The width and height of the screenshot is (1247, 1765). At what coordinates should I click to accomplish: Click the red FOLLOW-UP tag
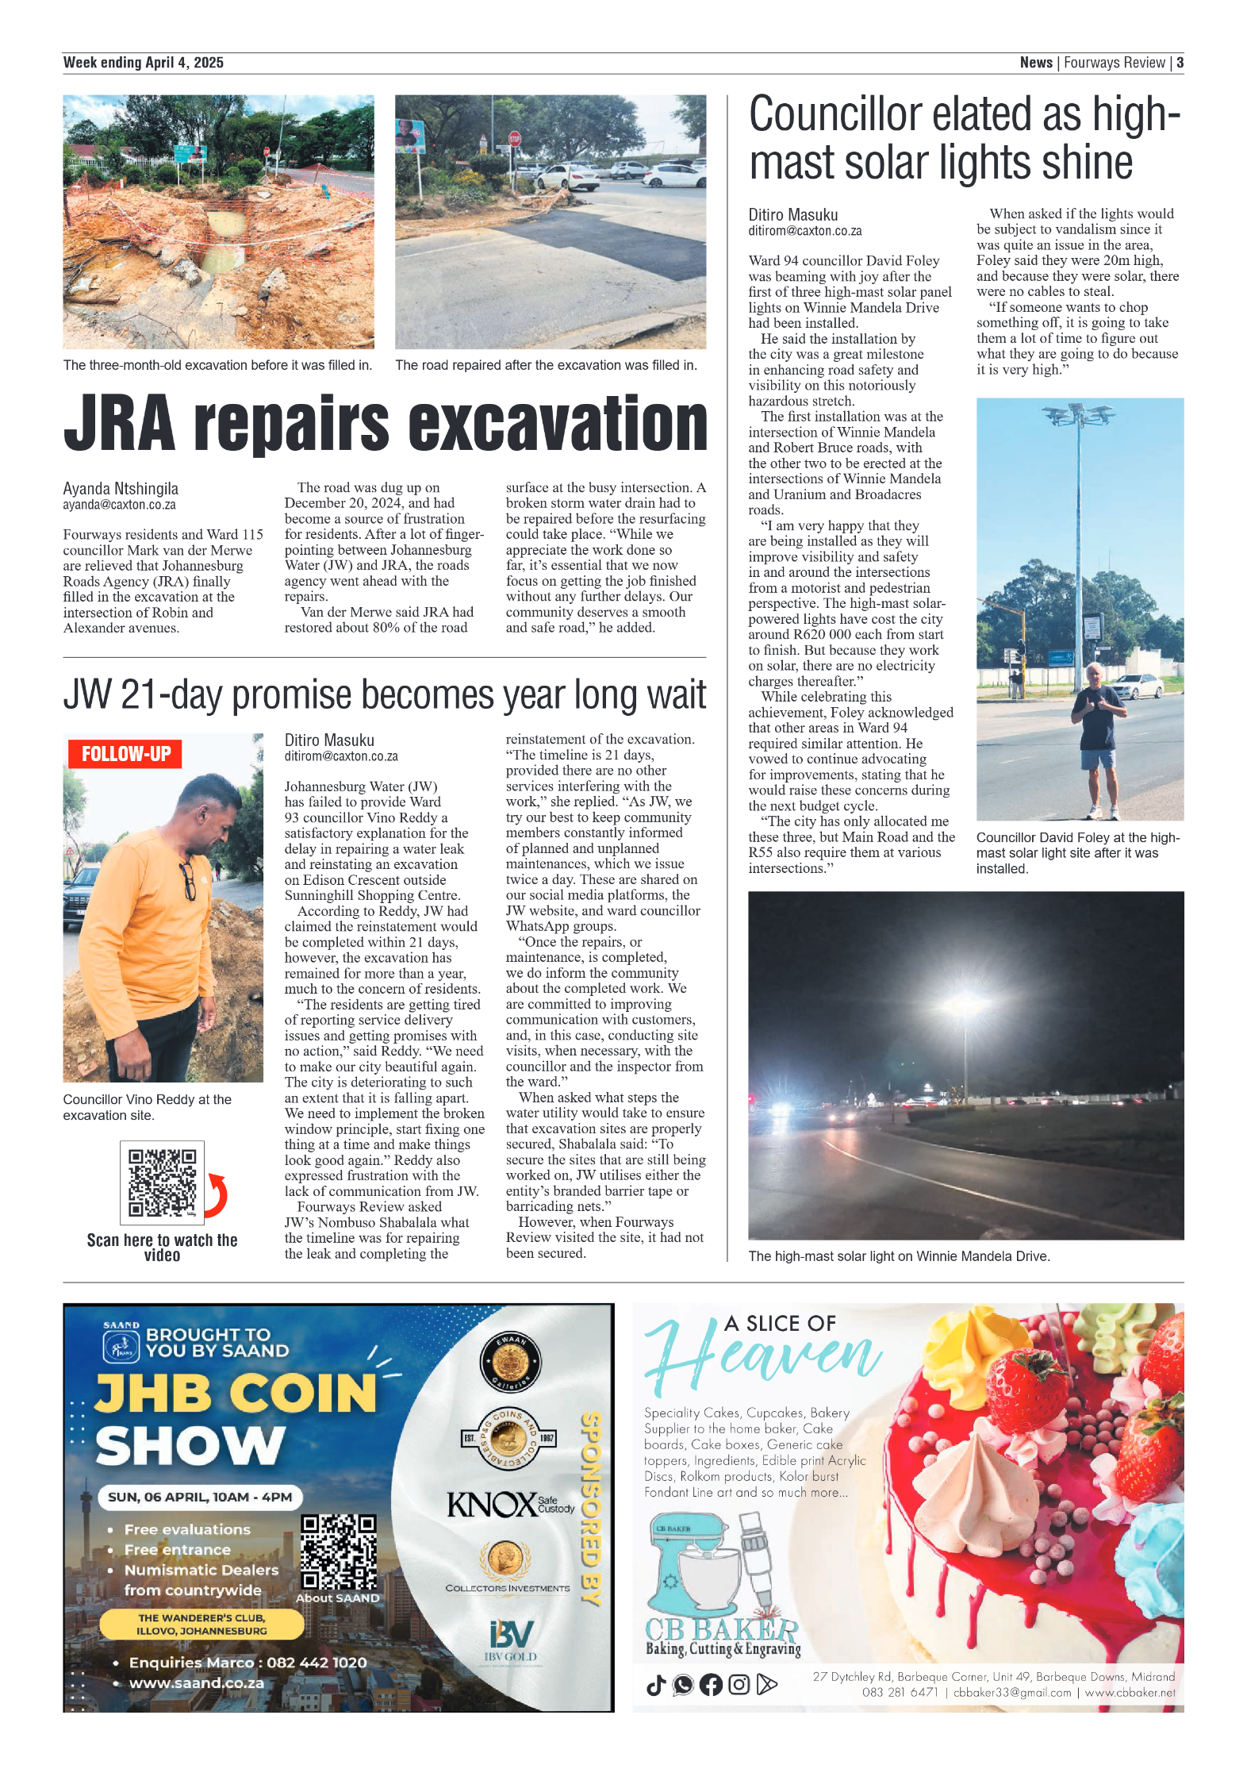pos(125,753)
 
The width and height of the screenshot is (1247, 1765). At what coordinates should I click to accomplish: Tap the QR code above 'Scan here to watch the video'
pos(162,1182)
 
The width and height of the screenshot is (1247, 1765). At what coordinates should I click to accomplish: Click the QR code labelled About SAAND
pos(338,1552)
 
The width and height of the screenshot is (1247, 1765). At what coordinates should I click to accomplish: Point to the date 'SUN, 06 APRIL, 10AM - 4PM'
pos(200,1497)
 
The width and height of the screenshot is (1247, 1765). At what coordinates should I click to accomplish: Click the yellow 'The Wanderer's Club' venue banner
pos(201,1624)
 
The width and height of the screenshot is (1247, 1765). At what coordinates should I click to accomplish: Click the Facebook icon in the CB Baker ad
pos(711,1684)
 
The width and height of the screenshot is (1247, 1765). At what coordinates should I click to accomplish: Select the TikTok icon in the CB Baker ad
pos(656,1684)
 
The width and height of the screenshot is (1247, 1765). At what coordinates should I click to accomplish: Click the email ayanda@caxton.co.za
pos(120,505)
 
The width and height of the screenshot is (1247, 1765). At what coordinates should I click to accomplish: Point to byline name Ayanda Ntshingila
pos(121,488)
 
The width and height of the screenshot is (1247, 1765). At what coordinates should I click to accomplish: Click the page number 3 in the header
pos(1180,63)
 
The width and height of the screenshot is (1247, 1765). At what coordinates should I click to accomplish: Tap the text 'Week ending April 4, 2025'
pos(144,63)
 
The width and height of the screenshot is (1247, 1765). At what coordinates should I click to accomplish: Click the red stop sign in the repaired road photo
pos(515,139)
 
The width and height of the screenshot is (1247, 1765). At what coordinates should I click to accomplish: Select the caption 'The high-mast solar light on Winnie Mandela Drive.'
pos(899,1256)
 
